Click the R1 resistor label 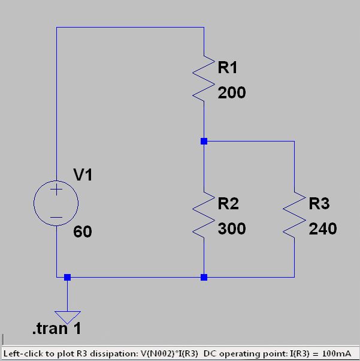(228, 68)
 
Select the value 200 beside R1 (232, 93)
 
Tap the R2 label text (228, 204)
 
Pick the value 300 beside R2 (232, 228)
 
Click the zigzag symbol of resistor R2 (204, 213)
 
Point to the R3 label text (319, 204)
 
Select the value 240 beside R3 (323, 228)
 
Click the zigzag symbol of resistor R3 (295, 213)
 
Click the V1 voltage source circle (56, 203)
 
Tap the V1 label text (83, 175)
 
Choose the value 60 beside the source (83, 231)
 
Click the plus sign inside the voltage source (56, 191)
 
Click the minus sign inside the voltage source (56, 216)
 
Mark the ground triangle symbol (67, 317)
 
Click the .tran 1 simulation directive (56, 329)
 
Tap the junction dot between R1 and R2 (204, 142)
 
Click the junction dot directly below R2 (204, 277)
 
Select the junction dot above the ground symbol (67, 277)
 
